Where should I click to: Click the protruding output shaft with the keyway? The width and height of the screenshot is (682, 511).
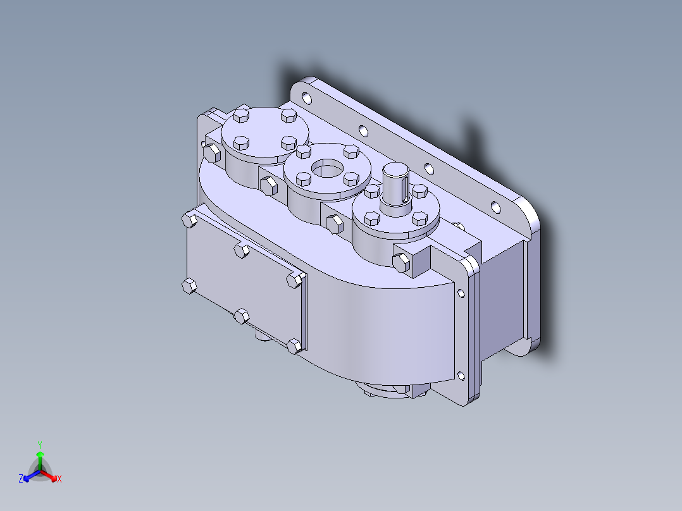[x=396, y=183]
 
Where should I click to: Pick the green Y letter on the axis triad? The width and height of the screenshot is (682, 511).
[x=40, y=444]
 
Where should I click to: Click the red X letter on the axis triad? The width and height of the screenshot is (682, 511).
[x=59, y=479]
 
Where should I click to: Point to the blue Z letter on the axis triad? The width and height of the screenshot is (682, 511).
[x=21, y=479]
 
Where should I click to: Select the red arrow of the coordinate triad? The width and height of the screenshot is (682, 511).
[x=51, y=475]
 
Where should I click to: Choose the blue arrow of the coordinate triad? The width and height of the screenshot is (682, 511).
[x=29, y=475]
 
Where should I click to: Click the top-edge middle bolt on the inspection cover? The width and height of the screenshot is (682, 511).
[x=240, y=250]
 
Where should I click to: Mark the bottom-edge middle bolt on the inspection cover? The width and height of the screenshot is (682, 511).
[x=241, y=316]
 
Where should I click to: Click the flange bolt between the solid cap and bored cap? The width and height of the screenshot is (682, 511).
[x=268, y=185]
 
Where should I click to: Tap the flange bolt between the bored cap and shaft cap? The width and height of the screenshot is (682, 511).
[x=333, y=223]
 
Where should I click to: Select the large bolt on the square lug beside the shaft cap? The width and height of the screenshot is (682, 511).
[x=401, y=261]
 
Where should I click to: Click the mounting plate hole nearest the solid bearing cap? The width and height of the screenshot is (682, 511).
[x=307, y=99]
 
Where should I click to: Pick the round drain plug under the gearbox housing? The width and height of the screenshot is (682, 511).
[x=260, y=337]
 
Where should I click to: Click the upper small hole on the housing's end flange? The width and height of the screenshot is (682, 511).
[x=461, y=292]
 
